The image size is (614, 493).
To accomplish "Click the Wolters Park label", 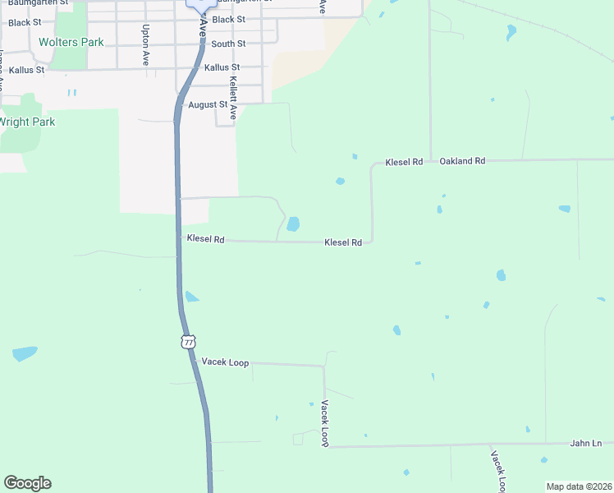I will pyautogui.click(x=71, y=42).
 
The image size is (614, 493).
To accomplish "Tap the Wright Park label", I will pyautogui.click(x=27, y=122).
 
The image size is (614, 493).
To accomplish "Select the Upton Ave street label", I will pyautogui.click(x=145, y=45).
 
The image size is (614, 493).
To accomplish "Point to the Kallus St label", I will pyautogui.click(x=222, y=67).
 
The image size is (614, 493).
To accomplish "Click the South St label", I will pyautogui.click(x=227, y=44).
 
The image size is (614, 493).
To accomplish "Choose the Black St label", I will pyautogui.click(x=228, y=19).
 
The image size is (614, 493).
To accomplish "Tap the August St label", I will pyautogui.click(x=207, y=104).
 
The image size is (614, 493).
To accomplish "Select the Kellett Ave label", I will pyautogui.click(x=233, y=98).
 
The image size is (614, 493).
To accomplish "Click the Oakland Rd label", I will pyautogui.click(x=462, y=161).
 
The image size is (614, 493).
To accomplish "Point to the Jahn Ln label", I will pyautogui.click(x=586, y=443).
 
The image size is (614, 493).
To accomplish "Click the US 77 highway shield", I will pyautogui.click(x=189, y=341).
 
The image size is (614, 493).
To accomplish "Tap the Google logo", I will pyautogui.click(x=27, y=483).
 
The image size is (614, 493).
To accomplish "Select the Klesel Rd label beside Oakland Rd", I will pyautogui.click(x=404, y=162).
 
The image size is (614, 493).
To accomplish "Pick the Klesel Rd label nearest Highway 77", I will pyautogui.click(x=205, y=239).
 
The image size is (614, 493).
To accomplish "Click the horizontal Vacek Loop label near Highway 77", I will pyautogui.click(x=225, y=362).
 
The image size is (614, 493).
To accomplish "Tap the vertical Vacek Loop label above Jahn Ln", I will pyautogui.click(x=325, y=423).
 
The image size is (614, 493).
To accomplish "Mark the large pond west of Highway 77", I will pyautogui.click(x=25, y=354).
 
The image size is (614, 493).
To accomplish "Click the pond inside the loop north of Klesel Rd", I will pyautogui.click(x=293, y=223).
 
